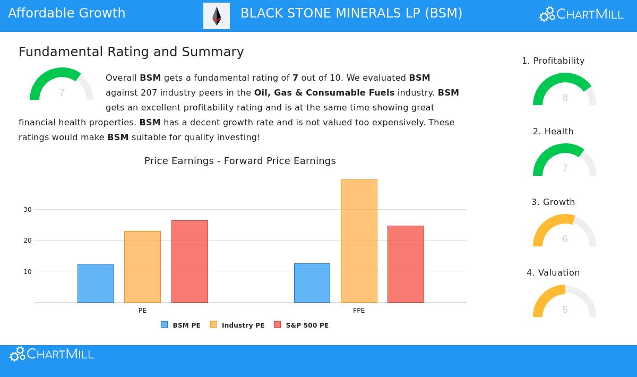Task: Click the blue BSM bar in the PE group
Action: pos(96,284)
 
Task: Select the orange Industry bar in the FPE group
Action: pos(359,241)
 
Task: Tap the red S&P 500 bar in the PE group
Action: pos(190,261)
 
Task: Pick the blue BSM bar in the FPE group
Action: pos(312,283)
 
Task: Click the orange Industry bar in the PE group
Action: pos(142,267)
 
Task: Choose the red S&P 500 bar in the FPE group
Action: pos(406,264)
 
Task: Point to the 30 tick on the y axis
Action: pos(28,210)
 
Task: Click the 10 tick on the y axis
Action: pos(28,272)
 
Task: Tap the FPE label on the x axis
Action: pos(359,311)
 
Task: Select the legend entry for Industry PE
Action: pos(237,325)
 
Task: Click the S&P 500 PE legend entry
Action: pos(301,325)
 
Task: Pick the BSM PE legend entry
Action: pos(181,325)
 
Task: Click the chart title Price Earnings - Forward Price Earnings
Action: pos(240,161)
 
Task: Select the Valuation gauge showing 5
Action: pos(564,302)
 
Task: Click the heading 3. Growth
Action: pos(553,202)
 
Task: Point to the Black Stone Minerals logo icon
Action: pos(217,16)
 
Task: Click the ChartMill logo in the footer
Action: pos(51,354)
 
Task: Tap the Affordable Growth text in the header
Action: pos(67,13)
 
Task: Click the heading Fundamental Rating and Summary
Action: pos(131,52)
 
